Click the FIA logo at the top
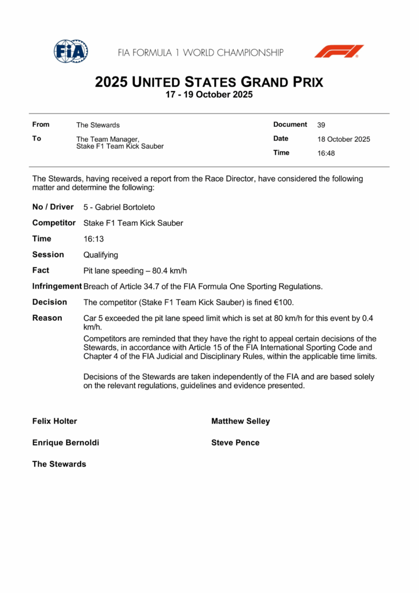(x=71, y=52)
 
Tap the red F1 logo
(x=339, y=52)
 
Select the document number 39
(x=321, y=125)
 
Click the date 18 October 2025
(x=344, y=139)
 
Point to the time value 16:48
(x=326, y=153)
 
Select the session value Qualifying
(x=101, y=255)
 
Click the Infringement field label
(x=57, y=286)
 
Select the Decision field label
(x=50, y=302)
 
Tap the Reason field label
(x=47, y=318)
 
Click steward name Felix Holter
(x=54, y=422)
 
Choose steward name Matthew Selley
(x=241, y=422)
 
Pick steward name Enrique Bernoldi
(x=65, y=443)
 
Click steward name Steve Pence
(x=236, y=443)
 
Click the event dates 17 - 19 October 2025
(x=209, y=95)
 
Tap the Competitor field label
(x=54, y=223)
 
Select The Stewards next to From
(x=98, y=125)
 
